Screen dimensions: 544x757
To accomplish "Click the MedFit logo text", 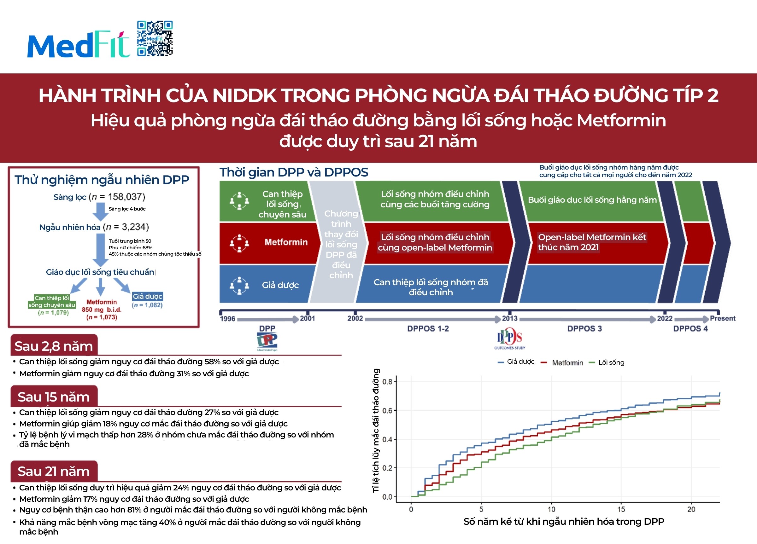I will tap(78, 44).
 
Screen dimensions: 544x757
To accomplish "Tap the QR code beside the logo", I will tap(155, 38).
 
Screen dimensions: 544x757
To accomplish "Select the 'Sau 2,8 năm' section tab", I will tap(54, 346).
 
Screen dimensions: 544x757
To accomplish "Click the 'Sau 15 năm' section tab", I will tap(54, 397).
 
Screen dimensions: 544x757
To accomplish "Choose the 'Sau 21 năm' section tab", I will tap(54, 471).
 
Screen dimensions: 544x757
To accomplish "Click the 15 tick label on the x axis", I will tap(621, 509).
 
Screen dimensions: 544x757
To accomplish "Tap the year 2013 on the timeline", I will tap(510, 318).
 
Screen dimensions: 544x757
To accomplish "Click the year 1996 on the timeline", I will tap(227, 319).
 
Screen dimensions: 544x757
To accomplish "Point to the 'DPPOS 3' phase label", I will tap(584, 328).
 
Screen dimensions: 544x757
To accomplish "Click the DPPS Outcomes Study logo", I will tap(509, 339).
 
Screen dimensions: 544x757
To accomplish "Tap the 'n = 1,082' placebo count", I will tap(147, 305).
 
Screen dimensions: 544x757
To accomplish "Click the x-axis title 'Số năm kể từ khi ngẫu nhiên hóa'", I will tap(563, 522).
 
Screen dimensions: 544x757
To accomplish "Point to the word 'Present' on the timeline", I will tap(722, 318).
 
